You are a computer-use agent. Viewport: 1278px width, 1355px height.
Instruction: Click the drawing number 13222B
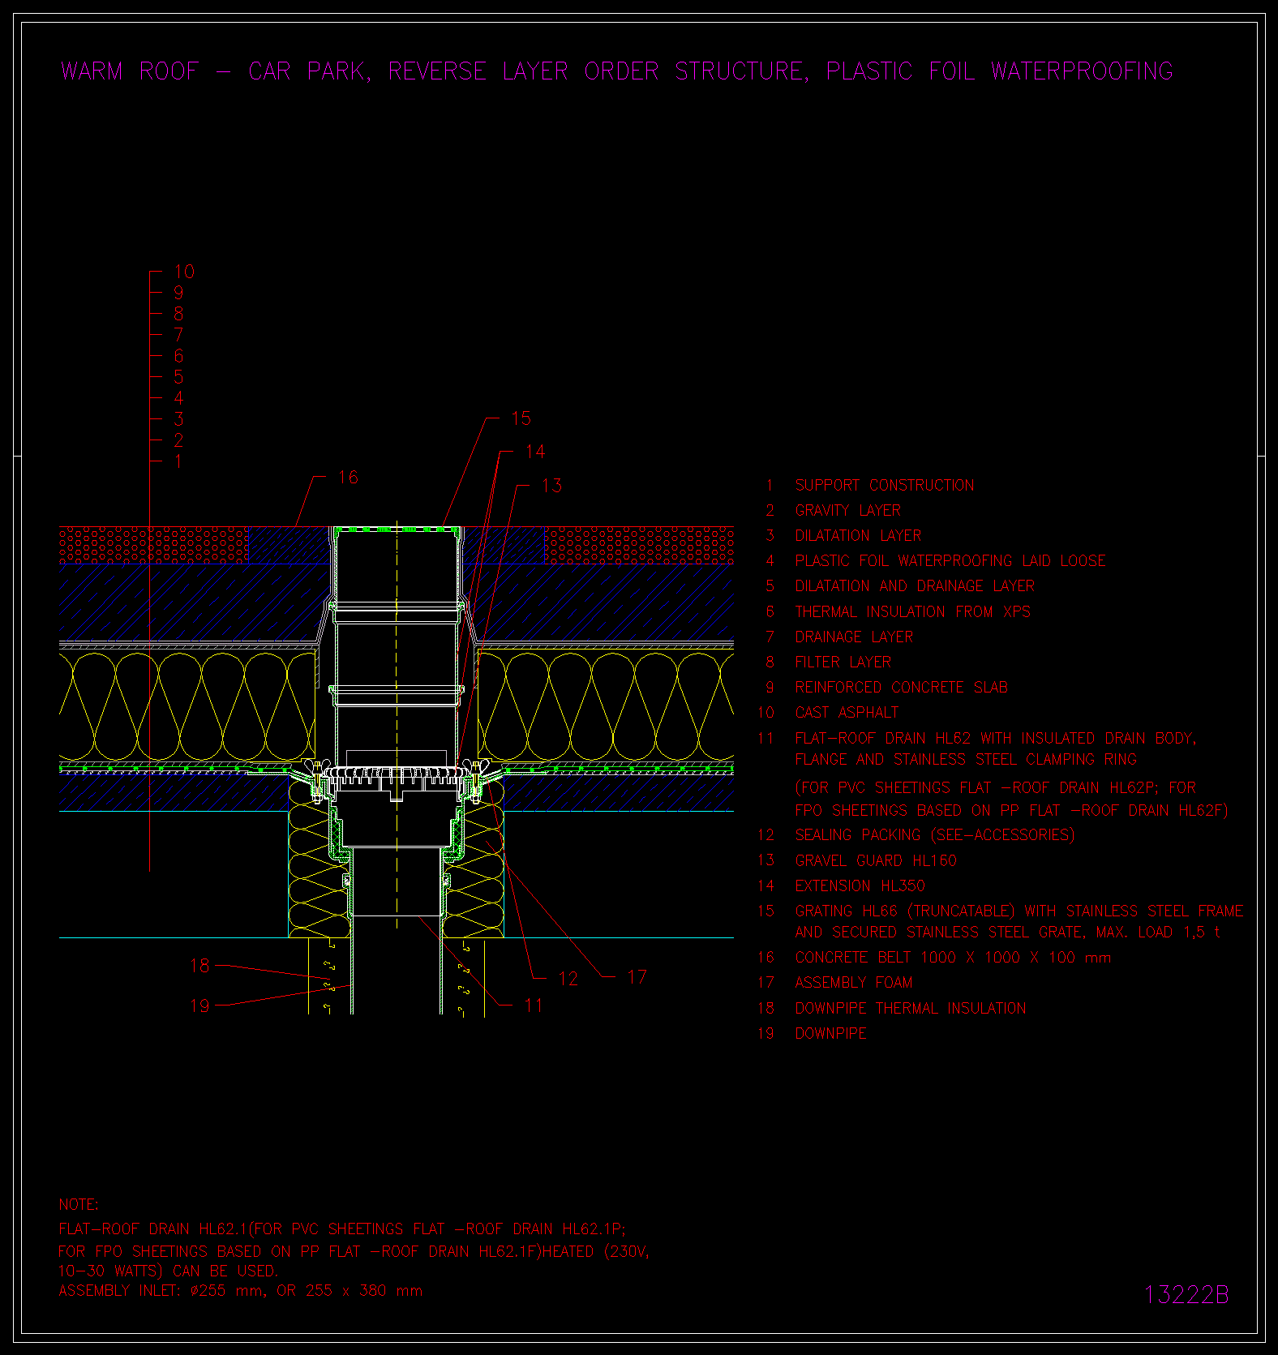point(1186,1294)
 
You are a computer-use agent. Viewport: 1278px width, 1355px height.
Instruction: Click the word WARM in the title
point(92,71)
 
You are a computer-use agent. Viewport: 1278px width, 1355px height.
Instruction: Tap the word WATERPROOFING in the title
point(1082,71)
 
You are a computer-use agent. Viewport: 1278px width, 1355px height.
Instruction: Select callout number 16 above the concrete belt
point(348,477)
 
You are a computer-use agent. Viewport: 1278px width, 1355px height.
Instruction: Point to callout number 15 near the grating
point(521,418)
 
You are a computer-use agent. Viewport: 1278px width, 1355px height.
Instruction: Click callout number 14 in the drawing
point(535,452)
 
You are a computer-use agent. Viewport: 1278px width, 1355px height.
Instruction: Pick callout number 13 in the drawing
point(551,485)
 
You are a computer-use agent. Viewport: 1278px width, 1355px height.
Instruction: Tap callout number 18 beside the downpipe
point(199,966)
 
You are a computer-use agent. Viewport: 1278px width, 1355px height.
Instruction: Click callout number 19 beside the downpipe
point(199,1006)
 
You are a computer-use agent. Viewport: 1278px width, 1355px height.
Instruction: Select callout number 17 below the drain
point(637,977)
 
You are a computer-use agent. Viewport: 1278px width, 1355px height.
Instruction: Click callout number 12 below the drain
point(568,979)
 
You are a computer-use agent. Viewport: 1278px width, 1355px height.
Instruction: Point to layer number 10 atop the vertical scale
point(185,272)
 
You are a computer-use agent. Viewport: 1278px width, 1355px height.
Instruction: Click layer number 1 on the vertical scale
point(178,461)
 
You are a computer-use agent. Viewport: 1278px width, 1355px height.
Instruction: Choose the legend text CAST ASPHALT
point(847,713)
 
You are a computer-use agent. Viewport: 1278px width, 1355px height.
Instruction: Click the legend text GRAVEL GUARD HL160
point(876,860)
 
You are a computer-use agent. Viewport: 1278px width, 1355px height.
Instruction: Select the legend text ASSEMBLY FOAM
point(854,983)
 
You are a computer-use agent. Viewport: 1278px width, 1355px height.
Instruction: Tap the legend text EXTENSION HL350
point(860,886)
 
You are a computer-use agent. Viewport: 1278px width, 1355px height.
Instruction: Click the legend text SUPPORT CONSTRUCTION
point(885,485)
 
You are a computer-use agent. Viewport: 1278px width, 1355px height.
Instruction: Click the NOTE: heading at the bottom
point(79,1205)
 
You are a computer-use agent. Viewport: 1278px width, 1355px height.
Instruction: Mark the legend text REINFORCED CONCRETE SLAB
point(902,688)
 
